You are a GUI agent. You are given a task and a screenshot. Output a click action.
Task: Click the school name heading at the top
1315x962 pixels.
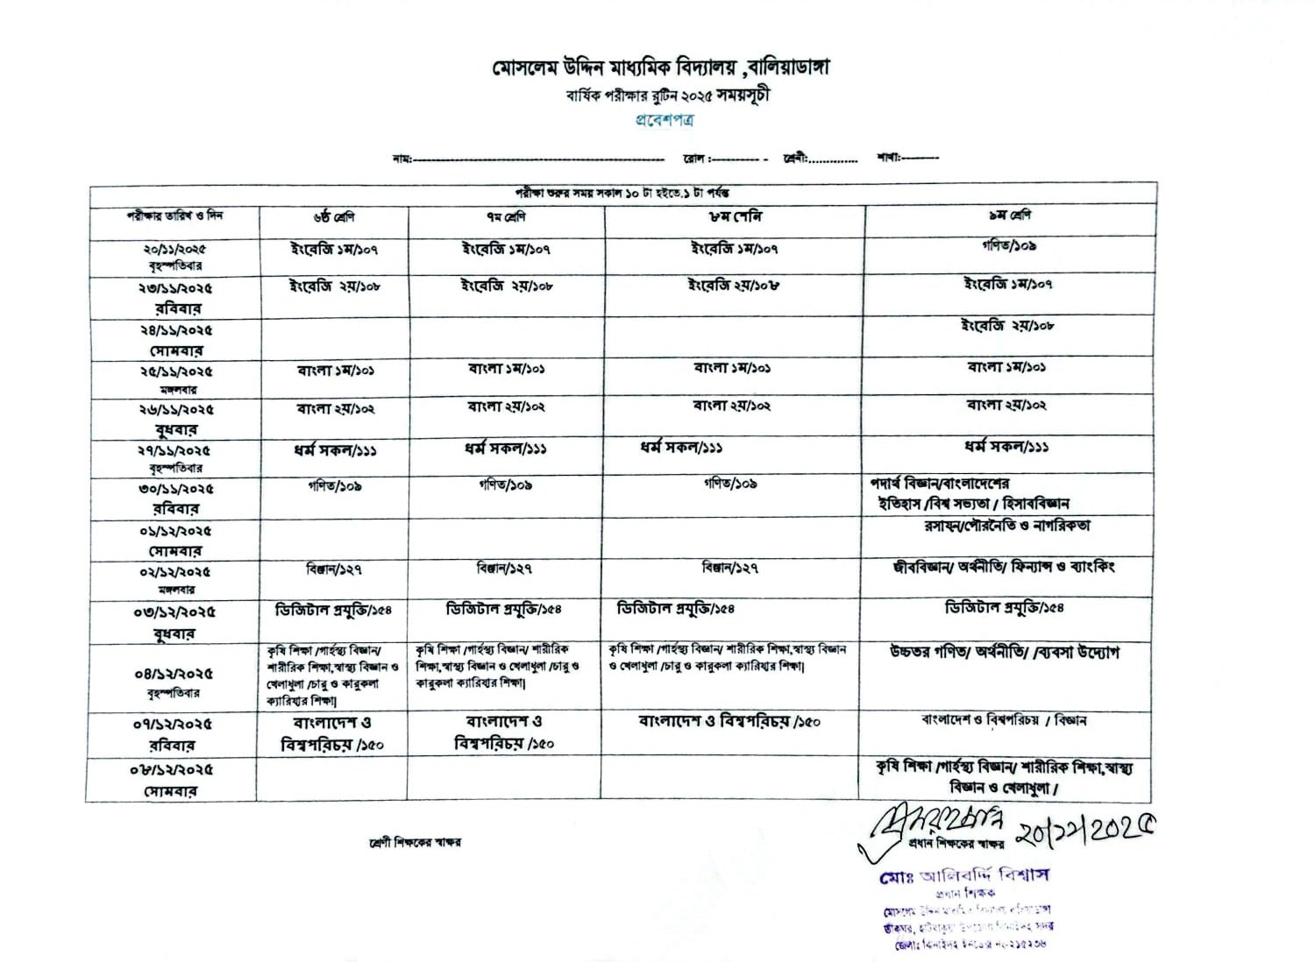659,67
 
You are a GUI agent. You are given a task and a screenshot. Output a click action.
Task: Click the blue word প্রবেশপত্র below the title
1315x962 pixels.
664,120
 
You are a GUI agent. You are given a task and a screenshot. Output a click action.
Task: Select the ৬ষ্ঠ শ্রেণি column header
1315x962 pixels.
333,216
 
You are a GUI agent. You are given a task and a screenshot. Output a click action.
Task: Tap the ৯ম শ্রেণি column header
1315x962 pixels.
1009,215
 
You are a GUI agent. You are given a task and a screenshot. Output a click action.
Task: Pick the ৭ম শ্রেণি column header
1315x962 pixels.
506,216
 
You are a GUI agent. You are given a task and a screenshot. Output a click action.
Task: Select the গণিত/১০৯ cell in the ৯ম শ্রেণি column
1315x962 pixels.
1009,246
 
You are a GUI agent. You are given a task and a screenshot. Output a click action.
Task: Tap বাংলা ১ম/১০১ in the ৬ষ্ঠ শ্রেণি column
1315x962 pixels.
335,371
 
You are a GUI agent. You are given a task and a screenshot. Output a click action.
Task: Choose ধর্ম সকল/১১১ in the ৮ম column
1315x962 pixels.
680,448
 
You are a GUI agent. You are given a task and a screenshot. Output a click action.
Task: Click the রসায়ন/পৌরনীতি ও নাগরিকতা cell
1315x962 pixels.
1007,526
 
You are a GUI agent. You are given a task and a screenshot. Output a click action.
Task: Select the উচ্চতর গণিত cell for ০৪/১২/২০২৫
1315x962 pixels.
1004,653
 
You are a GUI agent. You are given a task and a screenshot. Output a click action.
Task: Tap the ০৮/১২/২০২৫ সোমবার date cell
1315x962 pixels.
172,780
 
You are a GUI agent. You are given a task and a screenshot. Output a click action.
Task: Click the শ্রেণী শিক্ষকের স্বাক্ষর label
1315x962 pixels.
415,842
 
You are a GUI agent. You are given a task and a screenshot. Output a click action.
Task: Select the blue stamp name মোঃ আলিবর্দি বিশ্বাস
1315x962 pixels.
963,875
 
